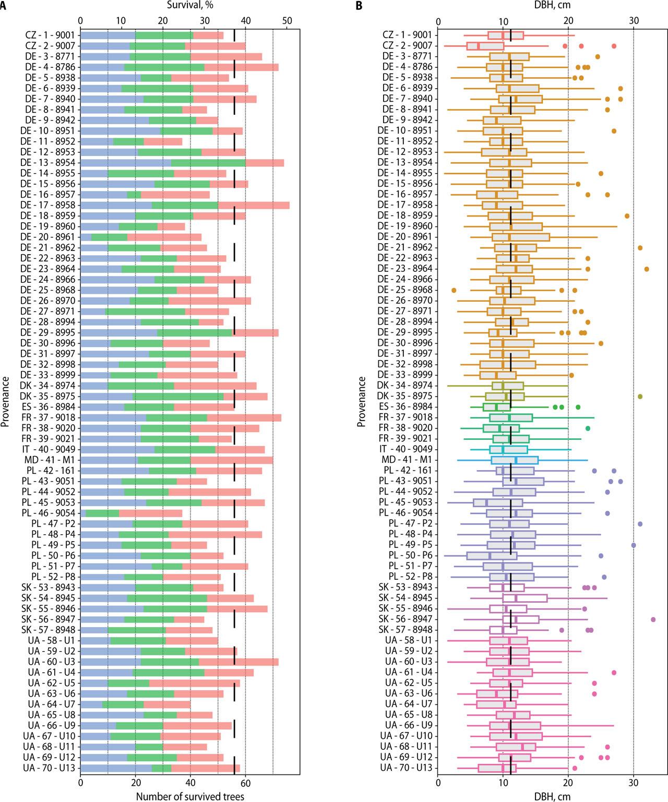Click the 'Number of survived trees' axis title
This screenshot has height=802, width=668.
tap(190, 796)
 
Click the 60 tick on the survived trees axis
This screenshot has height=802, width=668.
tap(245, 783)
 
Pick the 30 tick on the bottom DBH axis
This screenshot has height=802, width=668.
tap(634, 783)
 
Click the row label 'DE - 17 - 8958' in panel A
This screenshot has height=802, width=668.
tap(50, 205)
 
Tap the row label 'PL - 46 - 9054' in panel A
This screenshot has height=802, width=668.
tap(50, 513)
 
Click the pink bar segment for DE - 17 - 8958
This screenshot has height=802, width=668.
tap(254, 205)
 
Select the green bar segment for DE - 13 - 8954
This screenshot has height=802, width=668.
tap(208, 163)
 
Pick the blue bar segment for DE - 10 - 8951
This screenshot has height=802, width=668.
tap(121, 131)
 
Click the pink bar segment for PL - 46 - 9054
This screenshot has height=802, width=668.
tap(150, 513)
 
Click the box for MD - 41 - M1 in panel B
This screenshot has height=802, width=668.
tap(515, 460)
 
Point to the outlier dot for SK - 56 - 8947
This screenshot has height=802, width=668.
tap(653, 619)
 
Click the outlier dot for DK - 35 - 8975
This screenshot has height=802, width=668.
tap(640, 397)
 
